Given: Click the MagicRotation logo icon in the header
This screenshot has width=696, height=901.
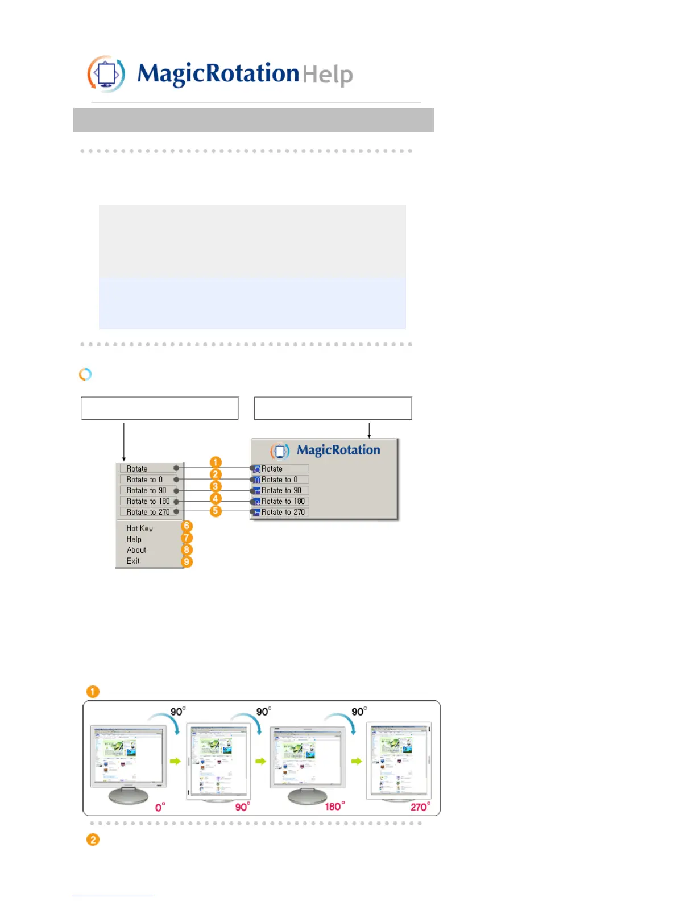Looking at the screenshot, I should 106,74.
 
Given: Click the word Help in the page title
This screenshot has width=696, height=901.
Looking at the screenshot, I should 328,75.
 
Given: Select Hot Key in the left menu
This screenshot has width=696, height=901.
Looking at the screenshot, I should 140,528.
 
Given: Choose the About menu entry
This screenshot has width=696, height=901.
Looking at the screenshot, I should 136,550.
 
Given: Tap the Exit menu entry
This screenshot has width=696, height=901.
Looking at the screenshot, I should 133,561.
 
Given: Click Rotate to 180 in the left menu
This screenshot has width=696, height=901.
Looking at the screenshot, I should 148,501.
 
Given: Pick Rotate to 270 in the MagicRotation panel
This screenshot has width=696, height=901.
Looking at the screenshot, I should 283,512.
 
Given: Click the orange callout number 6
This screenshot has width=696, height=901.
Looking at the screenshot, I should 187,526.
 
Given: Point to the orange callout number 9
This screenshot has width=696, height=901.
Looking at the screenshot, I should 187,562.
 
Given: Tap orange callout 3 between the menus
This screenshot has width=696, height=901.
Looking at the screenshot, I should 215,486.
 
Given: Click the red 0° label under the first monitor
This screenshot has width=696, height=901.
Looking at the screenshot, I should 160,807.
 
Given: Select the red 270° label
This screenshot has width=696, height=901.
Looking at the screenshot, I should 420,807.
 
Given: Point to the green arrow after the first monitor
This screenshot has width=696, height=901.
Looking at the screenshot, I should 175,761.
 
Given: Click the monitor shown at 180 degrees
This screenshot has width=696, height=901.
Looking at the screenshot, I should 307,762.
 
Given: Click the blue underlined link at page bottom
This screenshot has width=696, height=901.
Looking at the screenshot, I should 113,896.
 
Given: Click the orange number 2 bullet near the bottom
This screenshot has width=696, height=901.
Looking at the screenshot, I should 93,840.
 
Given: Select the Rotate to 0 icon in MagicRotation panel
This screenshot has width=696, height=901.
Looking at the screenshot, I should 257,480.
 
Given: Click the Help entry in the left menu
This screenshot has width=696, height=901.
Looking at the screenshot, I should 134,539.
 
